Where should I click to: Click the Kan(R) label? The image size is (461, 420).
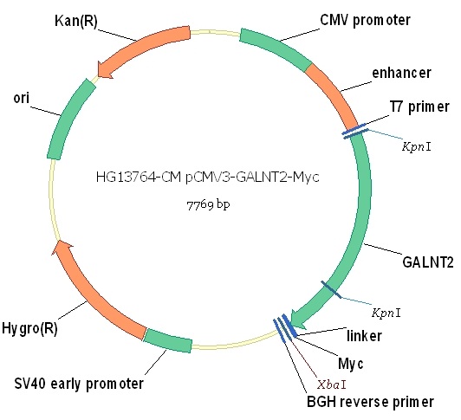76,21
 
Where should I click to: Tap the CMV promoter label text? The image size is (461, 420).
365,20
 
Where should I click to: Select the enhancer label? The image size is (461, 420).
401,73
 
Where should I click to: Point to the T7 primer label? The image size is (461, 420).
419,107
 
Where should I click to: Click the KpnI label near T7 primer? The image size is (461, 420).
416,146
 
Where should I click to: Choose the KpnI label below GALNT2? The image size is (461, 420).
386,313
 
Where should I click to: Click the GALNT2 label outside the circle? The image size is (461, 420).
428,262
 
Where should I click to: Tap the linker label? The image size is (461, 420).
364,335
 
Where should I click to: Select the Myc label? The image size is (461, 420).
350,364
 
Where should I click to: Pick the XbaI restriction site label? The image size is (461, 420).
332,384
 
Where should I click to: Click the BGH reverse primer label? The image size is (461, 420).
370,402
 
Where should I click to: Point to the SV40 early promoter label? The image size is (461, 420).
79,384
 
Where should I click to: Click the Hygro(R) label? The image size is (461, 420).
29,327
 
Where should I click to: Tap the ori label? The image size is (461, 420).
21,98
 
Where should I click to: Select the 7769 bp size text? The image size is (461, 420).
208,205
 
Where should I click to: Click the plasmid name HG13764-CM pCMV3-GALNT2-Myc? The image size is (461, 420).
208,177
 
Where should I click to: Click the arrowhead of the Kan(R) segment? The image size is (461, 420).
103,70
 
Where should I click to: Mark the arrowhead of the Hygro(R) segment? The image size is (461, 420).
62,246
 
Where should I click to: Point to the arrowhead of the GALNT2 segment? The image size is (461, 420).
297,320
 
